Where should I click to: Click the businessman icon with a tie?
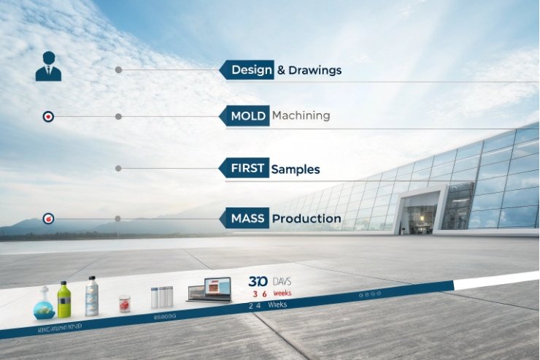(x=48, y=66)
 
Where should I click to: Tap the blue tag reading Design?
(x=248, y=70)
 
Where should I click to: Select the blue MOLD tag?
(x=246, y=116)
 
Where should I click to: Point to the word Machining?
(x=301, y=115)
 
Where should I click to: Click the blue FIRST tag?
(x=245, y=169)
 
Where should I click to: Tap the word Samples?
(x=296, y=169)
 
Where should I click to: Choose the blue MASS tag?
(x=245, y=218)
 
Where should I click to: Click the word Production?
(x=306, y=218)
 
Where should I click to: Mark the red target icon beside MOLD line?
(x=48, y=116)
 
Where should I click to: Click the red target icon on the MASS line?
(x=48, y=218)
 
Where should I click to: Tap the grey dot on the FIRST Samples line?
(x=118, y=169)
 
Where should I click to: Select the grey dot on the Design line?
(x=118, y=70)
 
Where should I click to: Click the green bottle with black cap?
(x=64, y=299)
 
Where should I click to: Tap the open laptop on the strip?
(x=209, y=290)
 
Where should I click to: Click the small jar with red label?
(x=125, y=304)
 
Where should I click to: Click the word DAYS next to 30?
(x=282, y=281)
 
